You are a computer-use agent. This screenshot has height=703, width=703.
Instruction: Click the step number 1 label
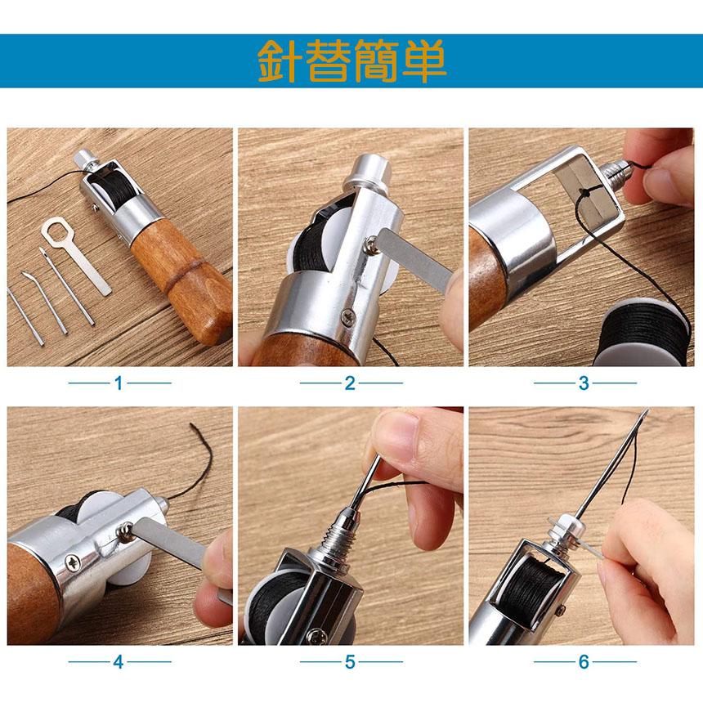tap(119, 383)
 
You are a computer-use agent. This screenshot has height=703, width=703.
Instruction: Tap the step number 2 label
tap(350, 383)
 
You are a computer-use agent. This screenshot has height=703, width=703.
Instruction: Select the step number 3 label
tap(584, 383)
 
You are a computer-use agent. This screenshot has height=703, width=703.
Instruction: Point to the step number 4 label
tap(119, 662)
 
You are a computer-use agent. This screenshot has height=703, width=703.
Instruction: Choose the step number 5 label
tap(350, 662)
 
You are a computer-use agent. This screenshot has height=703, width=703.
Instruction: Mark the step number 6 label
tap(584, 662)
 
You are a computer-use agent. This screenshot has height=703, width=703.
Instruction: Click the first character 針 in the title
tap(280, 61)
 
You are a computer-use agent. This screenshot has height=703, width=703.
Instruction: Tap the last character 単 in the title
tap(423, 61)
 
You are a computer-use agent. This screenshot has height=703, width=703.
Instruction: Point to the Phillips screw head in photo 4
tap(73, 562)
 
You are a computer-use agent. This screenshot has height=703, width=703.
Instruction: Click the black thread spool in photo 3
tap(644, 334)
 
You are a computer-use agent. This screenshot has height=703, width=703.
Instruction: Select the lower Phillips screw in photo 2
tap(348, 317)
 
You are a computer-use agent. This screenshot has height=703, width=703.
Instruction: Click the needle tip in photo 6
tap(647, 410)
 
